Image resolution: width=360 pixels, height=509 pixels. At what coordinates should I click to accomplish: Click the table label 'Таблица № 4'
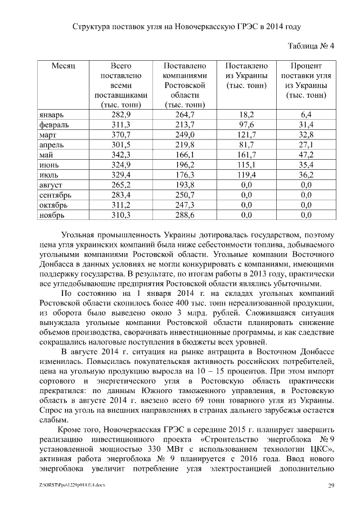(311, 46)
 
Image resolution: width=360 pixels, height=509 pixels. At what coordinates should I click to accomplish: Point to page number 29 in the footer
(331, 485)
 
